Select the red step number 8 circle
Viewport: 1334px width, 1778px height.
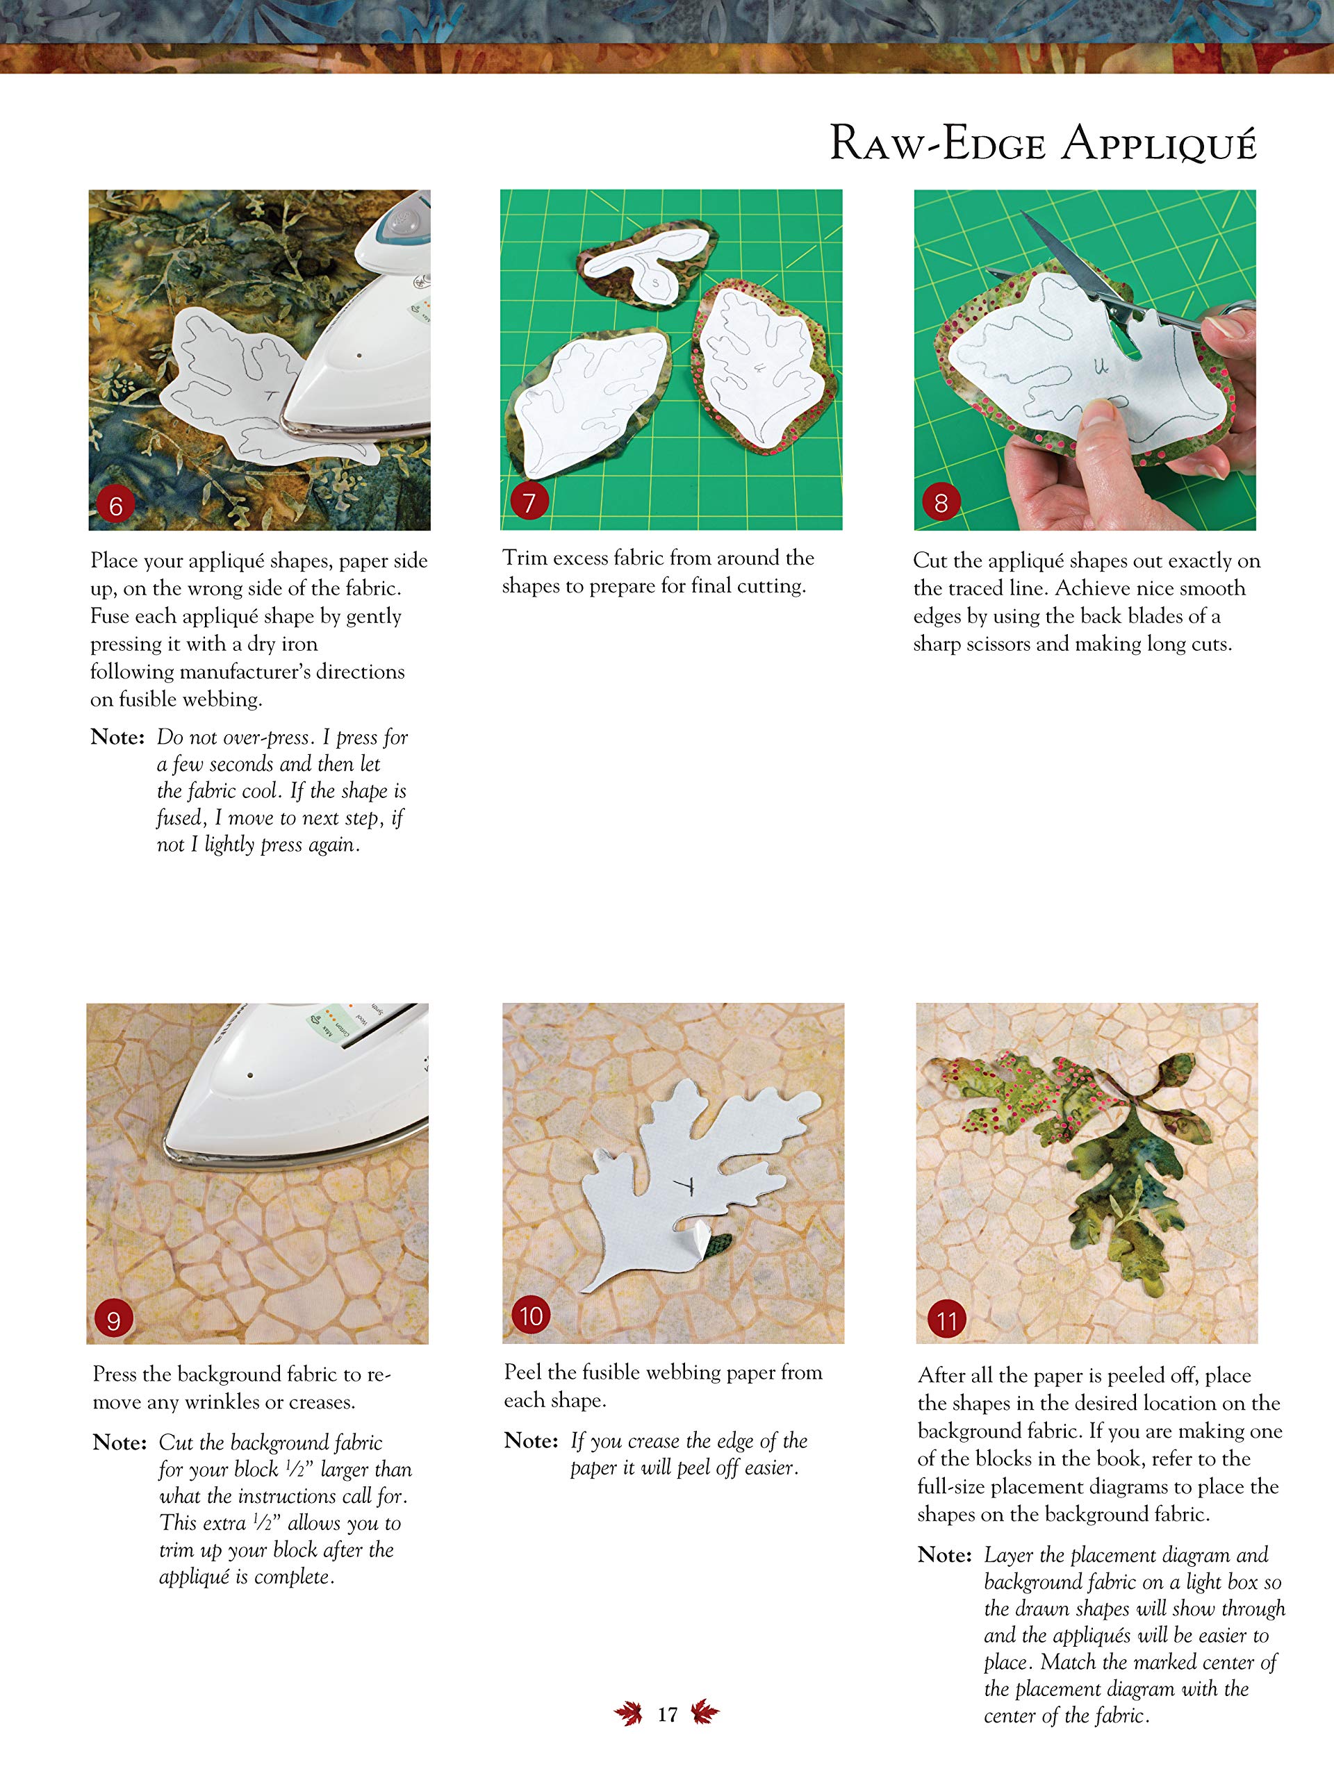tap(941, 503)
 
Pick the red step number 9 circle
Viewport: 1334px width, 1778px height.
tap(113, 1320)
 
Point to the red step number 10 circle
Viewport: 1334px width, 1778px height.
tap(531, 1316)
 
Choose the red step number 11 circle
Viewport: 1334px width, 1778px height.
tap(946, 1320)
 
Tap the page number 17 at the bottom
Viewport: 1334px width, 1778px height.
tap(666, 1715)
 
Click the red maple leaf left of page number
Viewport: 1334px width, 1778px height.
tap(629, 1713)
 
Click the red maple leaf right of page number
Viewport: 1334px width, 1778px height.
tap(705, 1712)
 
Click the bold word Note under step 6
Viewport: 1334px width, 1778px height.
tap(117, 737)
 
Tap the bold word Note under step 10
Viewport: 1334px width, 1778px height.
tap(531, 1440)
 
